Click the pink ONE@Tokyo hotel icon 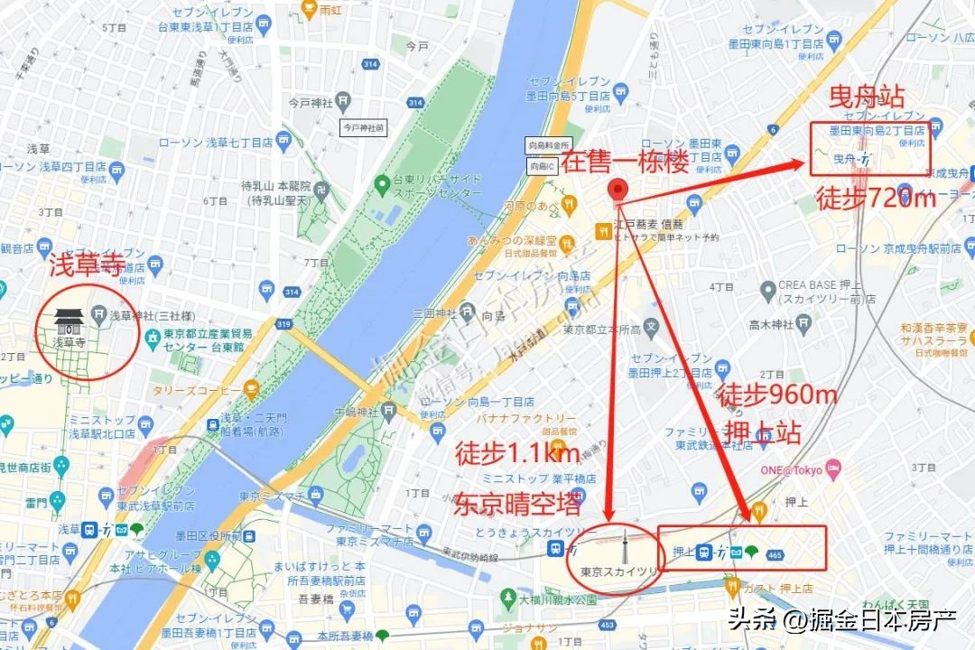(833, 469)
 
